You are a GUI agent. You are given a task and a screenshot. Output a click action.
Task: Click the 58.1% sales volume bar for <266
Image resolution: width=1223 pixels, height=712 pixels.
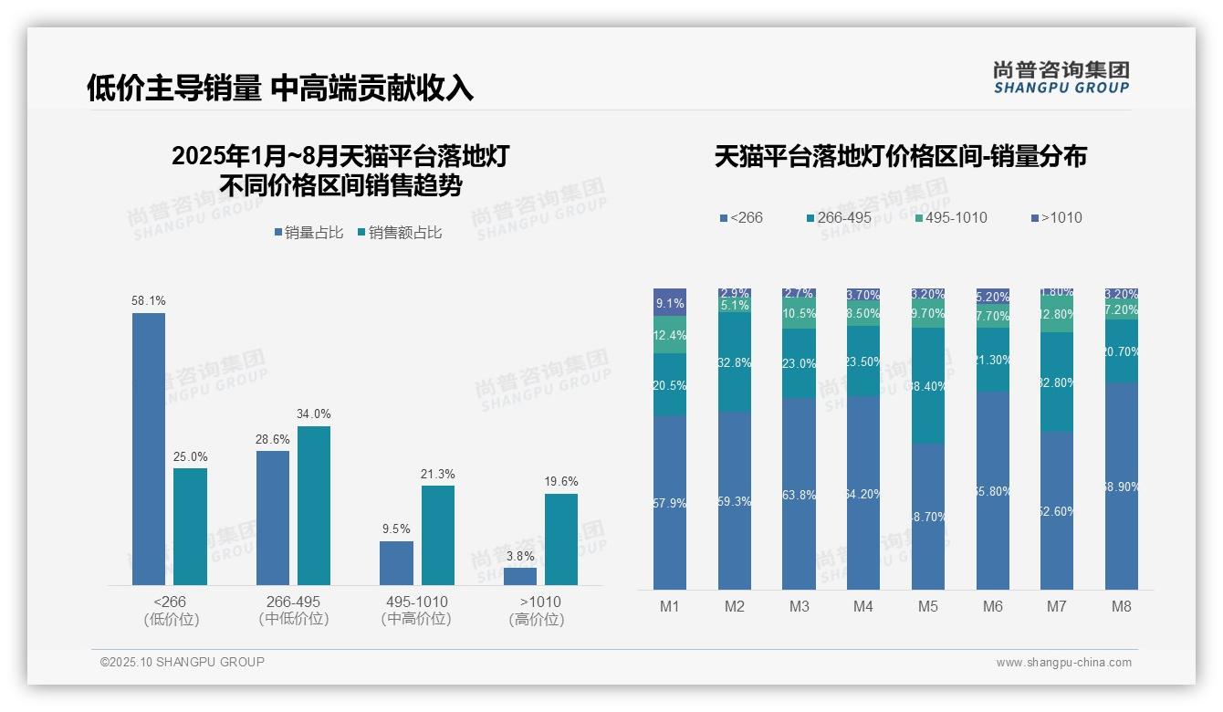point(149,448)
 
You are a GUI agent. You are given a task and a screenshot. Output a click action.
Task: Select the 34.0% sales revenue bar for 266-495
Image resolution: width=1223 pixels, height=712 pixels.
point(314,505)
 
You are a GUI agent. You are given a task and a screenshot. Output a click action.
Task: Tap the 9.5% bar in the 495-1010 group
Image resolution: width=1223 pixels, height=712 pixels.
point(396,562)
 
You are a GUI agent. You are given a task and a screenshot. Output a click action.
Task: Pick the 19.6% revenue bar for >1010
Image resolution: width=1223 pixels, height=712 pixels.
point(561,539)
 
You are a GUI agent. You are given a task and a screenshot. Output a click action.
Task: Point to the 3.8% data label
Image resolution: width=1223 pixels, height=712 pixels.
point(519,556)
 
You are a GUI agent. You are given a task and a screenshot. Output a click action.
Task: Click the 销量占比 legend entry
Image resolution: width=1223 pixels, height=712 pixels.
point(308,233)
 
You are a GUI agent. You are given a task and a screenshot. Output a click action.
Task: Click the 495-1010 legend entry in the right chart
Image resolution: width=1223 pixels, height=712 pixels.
point(950,218)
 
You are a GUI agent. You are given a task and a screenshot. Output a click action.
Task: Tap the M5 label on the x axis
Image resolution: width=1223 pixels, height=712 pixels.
point(928,606)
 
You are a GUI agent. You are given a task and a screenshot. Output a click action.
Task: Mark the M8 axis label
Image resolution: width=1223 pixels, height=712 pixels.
point(1122,606)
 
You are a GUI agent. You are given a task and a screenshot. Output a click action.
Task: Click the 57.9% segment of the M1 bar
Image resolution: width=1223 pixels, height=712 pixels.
point(670,503)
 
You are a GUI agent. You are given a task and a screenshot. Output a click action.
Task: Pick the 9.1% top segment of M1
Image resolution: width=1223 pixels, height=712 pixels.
point(670,302)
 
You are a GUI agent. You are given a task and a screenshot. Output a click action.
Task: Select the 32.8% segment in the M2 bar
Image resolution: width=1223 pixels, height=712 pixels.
point(735,362)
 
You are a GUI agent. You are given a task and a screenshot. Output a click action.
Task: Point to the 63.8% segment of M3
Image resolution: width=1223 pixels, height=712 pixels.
point(800,494)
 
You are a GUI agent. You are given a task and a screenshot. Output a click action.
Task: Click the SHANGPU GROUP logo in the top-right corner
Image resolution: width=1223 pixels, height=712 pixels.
point(1061,78)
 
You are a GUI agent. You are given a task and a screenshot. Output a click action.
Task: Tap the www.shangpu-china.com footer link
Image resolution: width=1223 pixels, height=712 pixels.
point(1063,663)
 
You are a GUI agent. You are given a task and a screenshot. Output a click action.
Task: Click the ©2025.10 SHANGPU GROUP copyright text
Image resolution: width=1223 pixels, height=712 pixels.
point(183,662)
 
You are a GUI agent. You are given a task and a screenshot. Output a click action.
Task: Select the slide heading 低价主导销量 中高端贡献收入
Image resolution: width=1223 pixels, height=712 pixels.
point(280,88)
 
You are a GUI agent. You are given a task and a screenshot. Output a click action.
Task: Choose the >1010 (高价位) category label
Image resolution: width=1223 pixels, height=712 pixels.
point(540,611)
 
